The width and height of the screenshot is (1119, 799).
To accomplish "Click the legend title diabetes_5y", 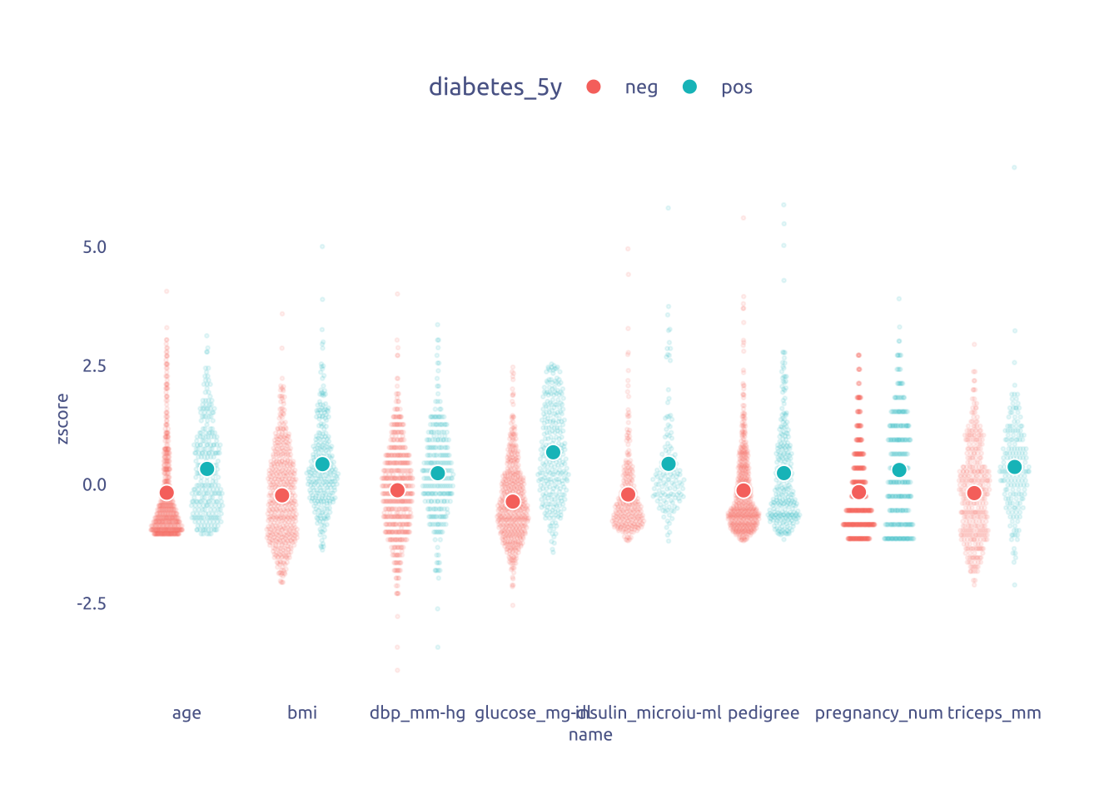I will tap(495, 87).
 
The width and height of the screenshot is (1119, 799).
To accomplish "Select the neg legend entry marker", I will tap(594, 87).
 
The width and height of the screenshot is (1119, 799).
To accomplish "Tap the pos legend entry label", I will tap(736, 87).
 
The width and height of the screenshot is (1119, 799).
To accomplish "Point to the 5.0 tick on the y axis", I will tap(95, 247).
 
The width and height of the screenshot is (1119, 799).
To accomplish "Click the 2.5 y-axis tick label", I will tap(95, 366).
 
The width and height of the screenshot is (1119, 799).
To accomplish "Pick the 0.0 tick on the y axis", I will tap(95, 484).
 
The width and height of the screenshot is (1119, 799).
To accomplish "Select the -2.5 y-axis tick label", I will tap(92, 603).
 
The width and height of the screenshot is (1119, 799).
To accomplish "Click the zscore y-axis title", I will tap(62, 419).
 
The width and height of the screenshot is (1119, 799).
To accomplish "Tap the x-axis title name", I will tap(590, 735).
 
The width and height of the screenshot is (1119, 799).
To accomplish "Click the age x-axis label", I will tap(186, 713).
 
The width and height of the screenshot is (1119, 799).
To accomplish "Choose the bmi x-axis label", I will tap(302, 713).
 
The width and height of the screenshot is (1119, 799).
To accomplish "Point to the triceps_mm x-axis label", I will tap(994, 713).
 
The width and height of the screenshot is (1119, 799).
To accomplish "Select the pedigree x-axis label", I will tap(763, 713).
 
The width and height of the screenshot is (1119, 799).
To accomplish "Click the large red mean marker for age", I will tap(167, 493).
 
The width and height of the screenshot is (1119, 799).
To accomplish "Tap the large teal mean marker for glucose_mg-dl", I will tap(553, 452).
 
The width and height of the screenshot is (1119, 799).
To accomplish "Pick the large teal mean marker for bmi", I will tap(322, 464).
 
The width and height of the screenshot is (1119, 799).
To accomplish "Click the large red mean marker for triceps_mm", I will tap(974, 494).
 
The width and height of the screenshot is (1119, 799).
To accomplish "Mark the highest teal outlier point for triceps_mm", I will tap(1014, 167).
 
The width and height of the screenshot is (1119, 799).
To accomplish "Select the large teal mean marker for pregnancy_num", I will tap(899, 470).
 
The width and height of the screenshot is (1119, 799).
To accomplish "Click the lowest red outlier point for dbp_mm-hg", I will tap(397, 670).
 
